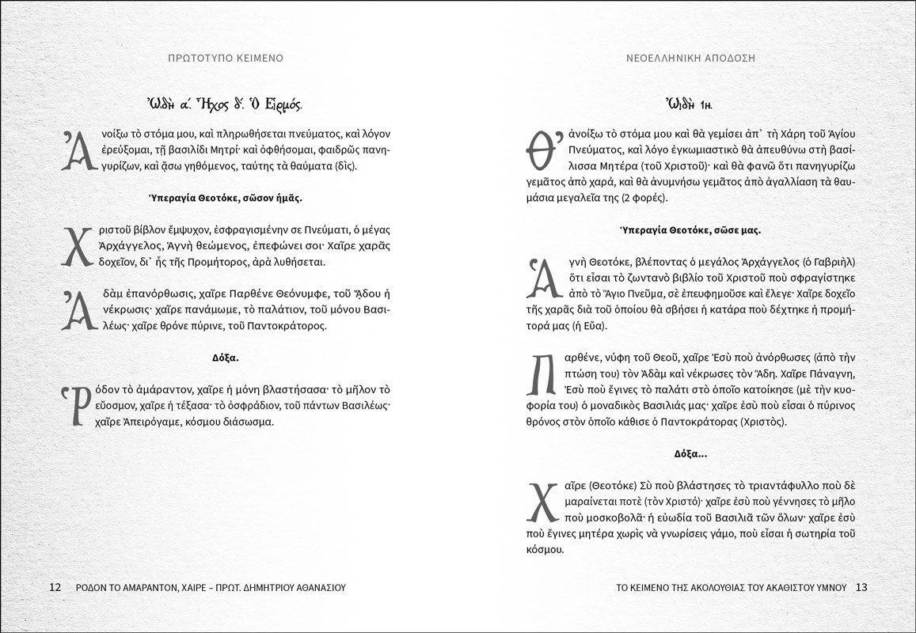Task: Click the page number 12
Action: click(x=55, y=588)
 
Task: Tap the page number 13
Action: click(x=862, y=588)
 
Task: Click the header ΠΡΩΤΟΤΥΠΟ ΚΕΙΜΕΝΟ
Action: click(x=226, y=59)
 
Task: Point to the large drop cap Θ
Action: click(x=540, y=150)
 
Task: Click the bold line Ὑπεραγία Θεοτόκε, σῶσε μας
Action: click(x=690, y=231)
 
